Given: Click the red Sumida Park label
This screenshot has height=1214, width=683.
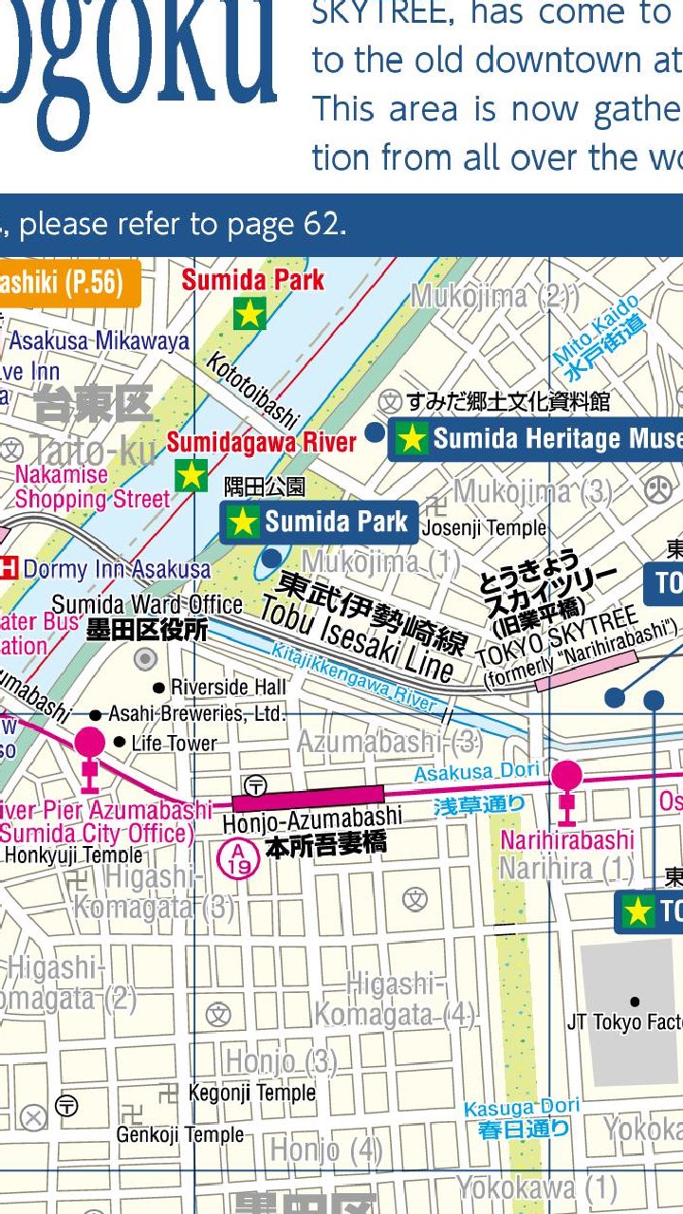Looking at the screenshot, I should (252, 280).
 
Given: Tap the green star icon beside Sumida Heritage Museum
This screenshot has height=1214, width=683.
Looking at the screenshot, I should (412, 438).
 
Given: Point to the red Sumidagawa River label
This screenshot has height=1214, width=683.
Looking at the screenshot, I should (262, 442).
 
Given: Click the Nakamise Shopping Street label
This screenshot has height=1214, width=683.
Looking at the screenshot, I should (91, 487).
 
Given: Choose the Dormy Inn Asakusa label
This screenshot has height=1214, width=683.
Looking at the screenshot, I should (117, 569).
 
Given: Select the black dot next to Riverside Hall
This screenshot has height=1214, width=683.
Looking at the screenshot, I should (158, 688).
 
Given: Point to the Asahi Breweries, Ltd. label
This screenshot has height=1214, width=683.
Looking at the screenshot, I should (197, 713).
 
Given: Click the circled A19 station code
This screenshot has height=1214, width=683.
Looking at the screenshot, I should (236, 858).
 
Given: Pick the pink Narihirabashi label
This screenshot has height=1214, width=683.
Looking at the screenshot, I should (567, 840).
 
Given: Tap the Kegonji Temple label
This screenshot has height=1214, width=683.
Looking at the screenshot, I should (251, 1093).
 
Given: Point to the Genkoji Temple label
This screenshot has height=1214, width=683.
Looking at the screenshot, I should (180, 1134).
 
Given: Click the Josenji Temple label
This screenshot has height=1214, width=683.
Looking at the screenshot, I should (484, 528).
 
